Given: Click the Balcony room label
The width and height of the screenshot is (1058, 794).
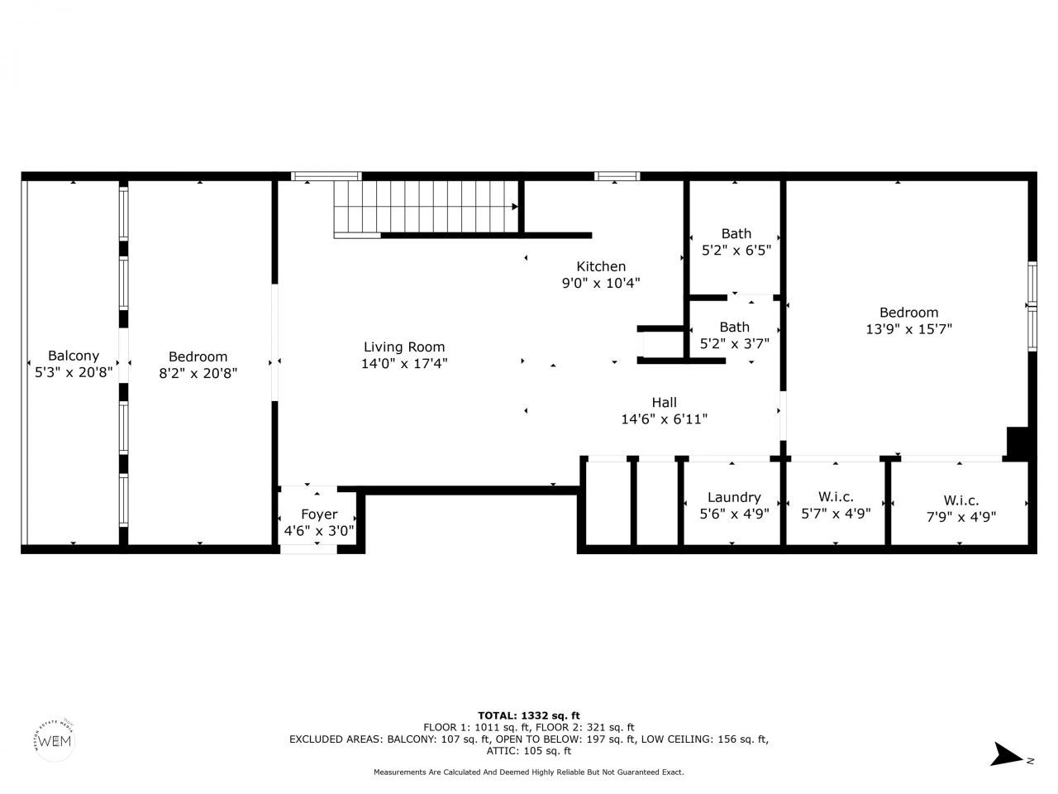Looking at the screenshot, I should [x=73, y=356].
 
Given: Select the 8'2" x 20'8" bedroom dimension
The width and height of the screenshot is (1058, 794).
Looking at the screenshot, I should [x=198, y=373].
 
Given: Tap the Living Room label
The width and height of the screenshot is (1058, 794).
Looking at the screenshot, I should [x=404, y=347].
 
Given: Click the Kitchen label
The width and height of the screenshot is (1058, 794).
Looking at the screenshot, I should [x=601, y=266].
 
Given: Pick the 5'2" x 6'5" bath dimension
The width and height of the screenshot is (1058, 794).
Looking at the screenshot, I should [x=736, y=249].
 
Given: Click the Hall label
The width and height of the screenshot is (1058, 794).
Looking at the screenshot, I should [x=664, y=403].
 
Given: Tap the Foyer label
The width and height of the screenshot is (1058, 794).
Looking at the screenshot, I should [x=319, y=514].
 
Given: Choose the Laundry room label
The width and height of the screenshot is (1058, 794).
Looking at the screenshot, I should [x=733, y=497].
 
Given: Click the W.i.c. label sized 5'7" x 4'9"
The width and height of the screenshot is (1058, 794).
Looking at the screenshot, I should [x=836, y=496].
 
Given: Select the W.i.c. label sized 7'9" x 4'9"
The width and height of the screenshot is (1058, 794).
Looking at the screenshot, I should [x=961, y=500].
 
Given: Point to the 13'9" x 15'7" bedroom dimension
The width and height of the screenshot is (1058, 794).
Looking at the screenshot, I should [x=908, y=328].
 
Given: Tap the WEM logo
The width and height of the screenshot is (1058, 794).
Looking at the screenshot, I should [x=56, y=739].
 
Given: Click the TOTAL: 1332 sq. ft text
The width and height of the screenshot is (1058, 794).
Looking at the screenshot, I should [x=529, y=715].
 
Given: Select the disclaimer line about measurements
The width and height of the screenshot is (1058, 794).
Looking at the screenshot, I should [x=529, y=772].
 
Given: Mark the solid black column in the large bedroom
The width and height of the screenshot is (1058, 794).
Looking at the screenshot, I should [x=1017, y=442].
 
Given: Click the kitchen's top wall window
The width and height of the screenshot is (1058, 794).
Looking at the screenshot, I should [x=617, y=176].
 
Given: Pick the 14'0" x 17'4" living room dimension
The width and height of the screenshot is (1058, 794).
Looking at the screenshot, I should [x=404, y=363].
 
